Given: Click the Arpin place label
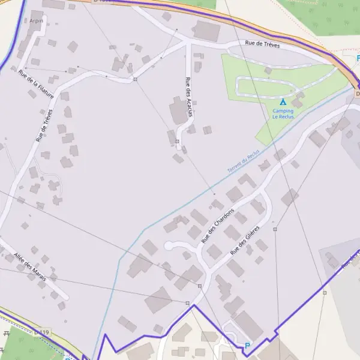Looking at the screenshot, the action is pyautogui.click(x=36, y=20).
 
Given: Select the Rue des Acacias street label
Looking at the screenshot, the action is pyautogui.click(x=190, y=98).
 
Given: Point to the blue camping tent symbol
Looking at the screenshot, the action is pyautogui.click(x=283, y=102).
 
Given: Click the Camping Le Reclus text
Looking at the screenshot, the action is pyautogui.click(x=283, y=114).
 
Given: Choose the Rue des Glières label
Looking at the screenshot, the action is pyautogui.click(x=245, y=239).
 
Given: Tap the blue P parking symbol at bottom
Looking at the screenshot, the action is pyautogui.click(x=247, y=346).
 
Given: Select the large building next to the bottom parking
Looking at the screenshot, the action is pyautogui.click(x=247, y=325).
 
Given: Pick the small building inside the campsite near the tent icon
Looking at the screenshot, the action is pyautogui.click(x=297, y=103).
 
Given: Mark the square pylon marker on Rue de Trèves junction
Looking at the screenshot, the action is pyautogui.click(x=136, y=79).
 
